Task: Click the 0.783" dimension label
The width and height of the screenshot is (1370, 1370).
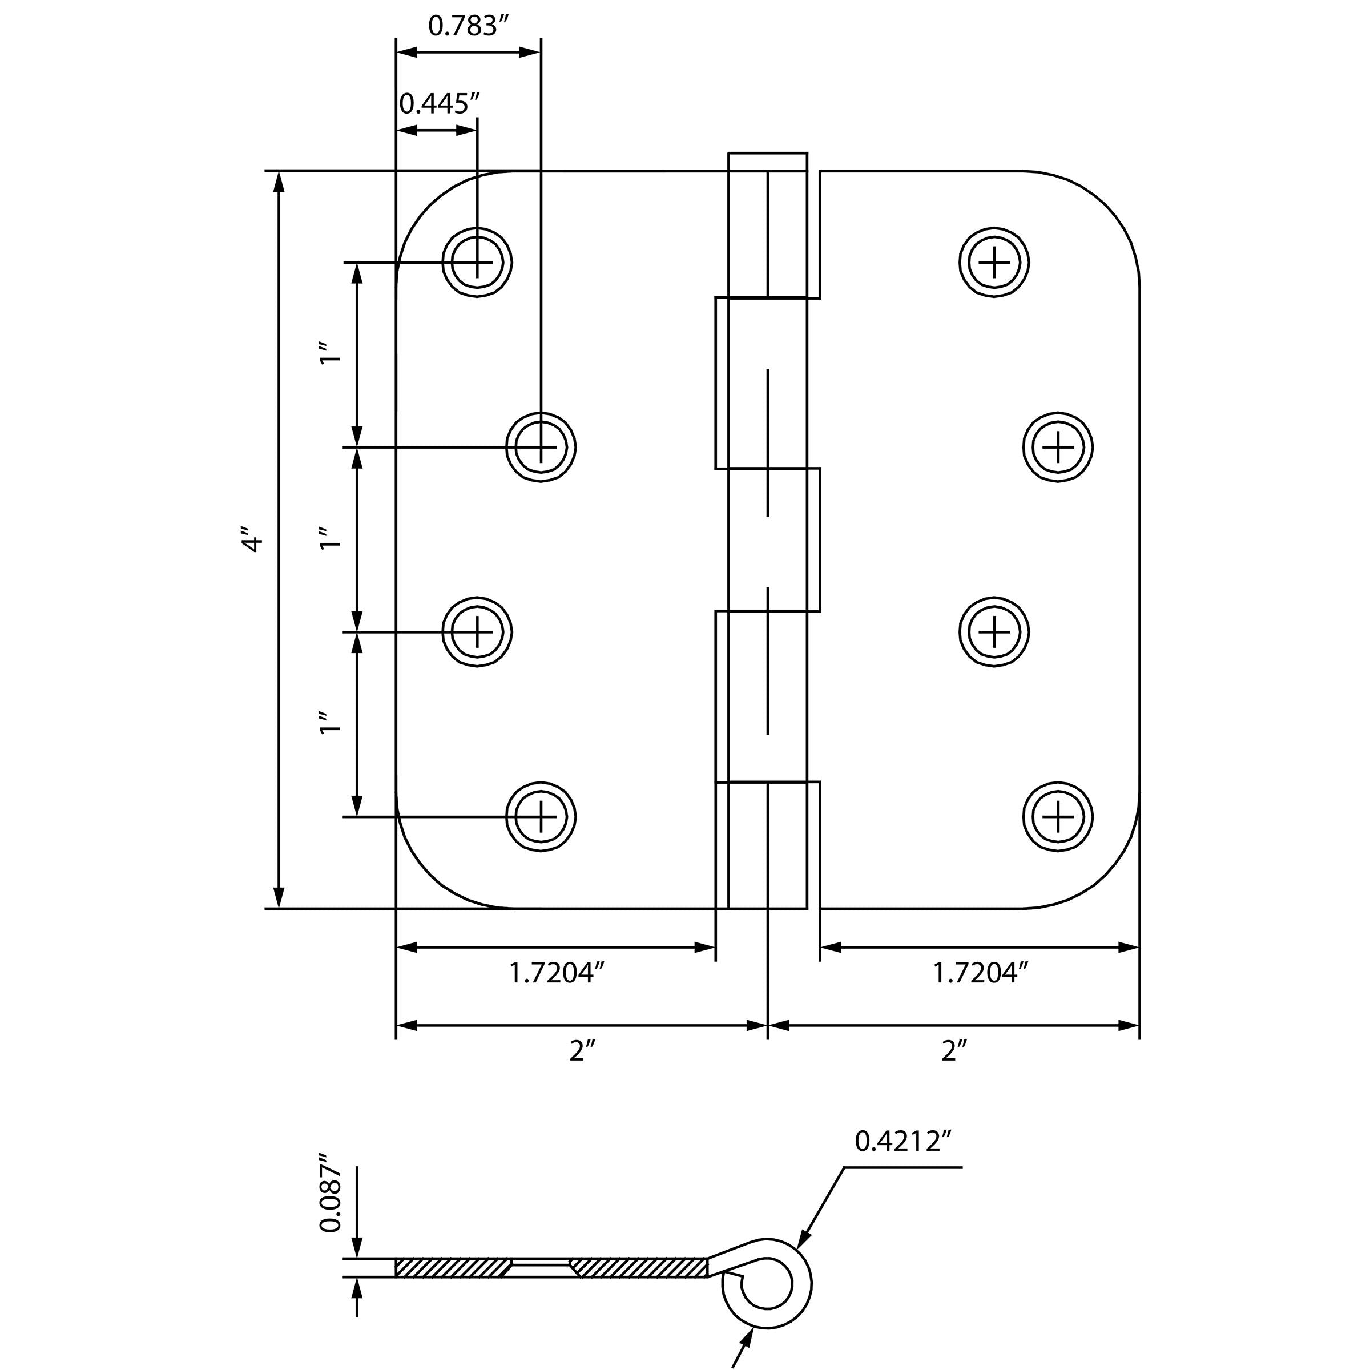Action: [469, 26]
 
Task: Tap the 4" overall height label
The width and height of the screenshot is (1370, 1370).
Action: [252, 539]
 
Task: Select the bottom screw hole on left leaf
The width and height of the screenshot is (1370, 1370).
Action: [541, 816]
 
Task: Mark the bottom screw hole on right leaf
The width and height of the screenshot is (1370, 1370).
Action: [1058, 816]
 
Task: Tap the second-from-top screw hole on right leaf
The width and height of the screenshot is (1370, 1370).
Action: [1058, 447]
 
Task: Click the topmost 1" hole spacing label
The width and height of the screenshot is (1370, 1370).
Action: [331, 354]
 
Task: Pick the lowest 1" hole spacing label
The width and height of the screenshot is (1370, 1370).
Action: [331, 722]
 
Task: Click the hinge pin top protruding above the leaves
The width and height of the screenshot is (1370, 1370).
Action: [767, 162]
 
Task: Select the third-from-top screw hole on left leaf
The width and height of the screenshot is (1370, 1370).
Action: [477, 631]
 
